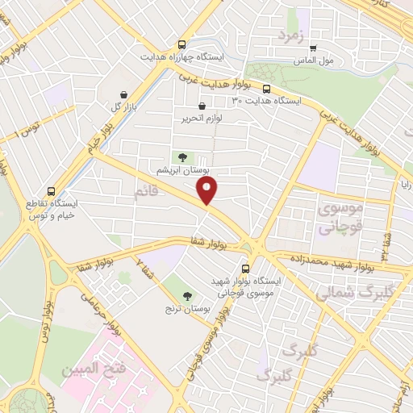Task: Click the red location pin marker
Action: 207,191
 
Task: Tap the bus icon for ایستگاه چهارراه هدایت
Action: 183,45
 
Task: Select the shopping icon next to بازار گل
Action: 123,94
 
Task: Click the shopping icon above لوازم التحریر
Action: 202,106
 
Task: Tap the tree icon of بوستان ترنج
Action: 188,295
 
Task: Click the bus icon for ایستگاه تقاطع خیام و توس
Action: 52,192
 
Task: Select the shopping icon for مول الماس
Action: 314,47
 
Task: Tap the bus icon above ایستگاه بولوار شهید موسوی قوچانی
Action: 246,269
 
